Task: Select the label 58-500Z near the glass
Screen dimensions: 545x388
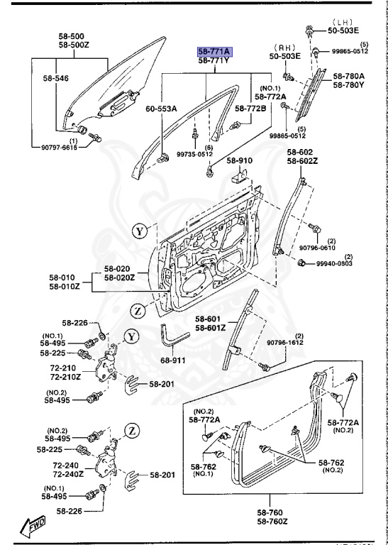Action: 71,45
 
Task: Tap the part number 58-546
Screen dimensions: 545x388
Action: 55,79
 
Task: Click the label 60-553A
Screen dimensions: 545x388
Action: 161,109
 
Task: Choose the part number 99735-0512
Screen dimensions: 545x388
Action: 194,154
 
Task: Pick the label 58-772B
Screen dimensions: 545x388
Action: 251,109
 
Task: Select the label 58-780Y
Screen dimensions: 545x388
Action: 348,85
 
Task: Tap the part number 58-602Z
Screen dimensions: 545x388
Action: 299,161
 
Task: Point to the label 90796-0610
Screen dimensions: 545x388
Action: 316,248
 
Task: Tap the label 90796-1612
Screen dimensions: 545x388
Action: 284,343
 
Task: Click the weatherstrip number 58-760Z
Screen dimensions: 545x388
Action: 272,522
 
